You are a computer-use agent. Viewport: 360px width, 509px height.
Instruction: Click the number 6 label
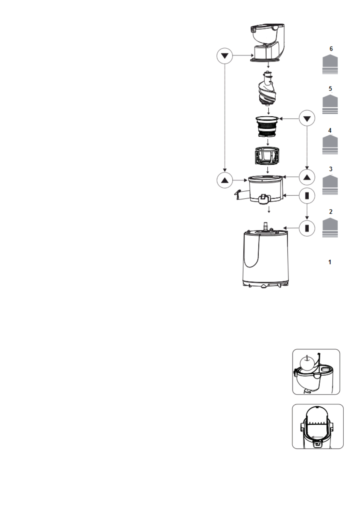pos(331,49)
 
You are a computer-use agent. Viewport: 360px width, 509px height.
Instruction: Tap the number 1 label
pos(330,262)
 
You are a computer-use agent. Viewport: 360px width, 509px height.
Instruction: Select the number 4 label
pos(330,131)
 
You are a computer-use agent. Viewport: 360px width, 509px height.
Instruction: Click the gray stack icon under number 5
pos(330,104)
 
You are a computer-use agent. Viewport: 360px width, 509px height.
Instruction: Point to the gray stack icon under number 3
pos(330,185)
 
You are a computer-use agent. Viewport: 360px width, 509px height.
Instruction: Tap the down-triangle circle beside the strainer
pos(307,118)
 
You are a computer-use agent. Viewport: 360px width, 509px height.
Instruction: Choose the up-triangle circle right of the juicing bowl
pos(307,177)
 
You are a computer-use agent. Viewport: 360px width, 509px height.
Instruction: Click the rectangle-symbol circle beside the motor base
pos(307,228)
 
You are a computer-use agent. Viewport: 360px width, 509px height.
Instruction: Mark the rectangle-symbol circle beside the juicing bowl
pos(307,196)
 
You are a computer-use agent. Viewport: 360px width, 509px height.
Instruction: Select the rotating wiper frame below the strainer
pos(267,156)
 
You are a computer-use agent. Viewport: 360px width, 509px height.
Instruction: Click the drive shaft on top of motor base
pos(266,225)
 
